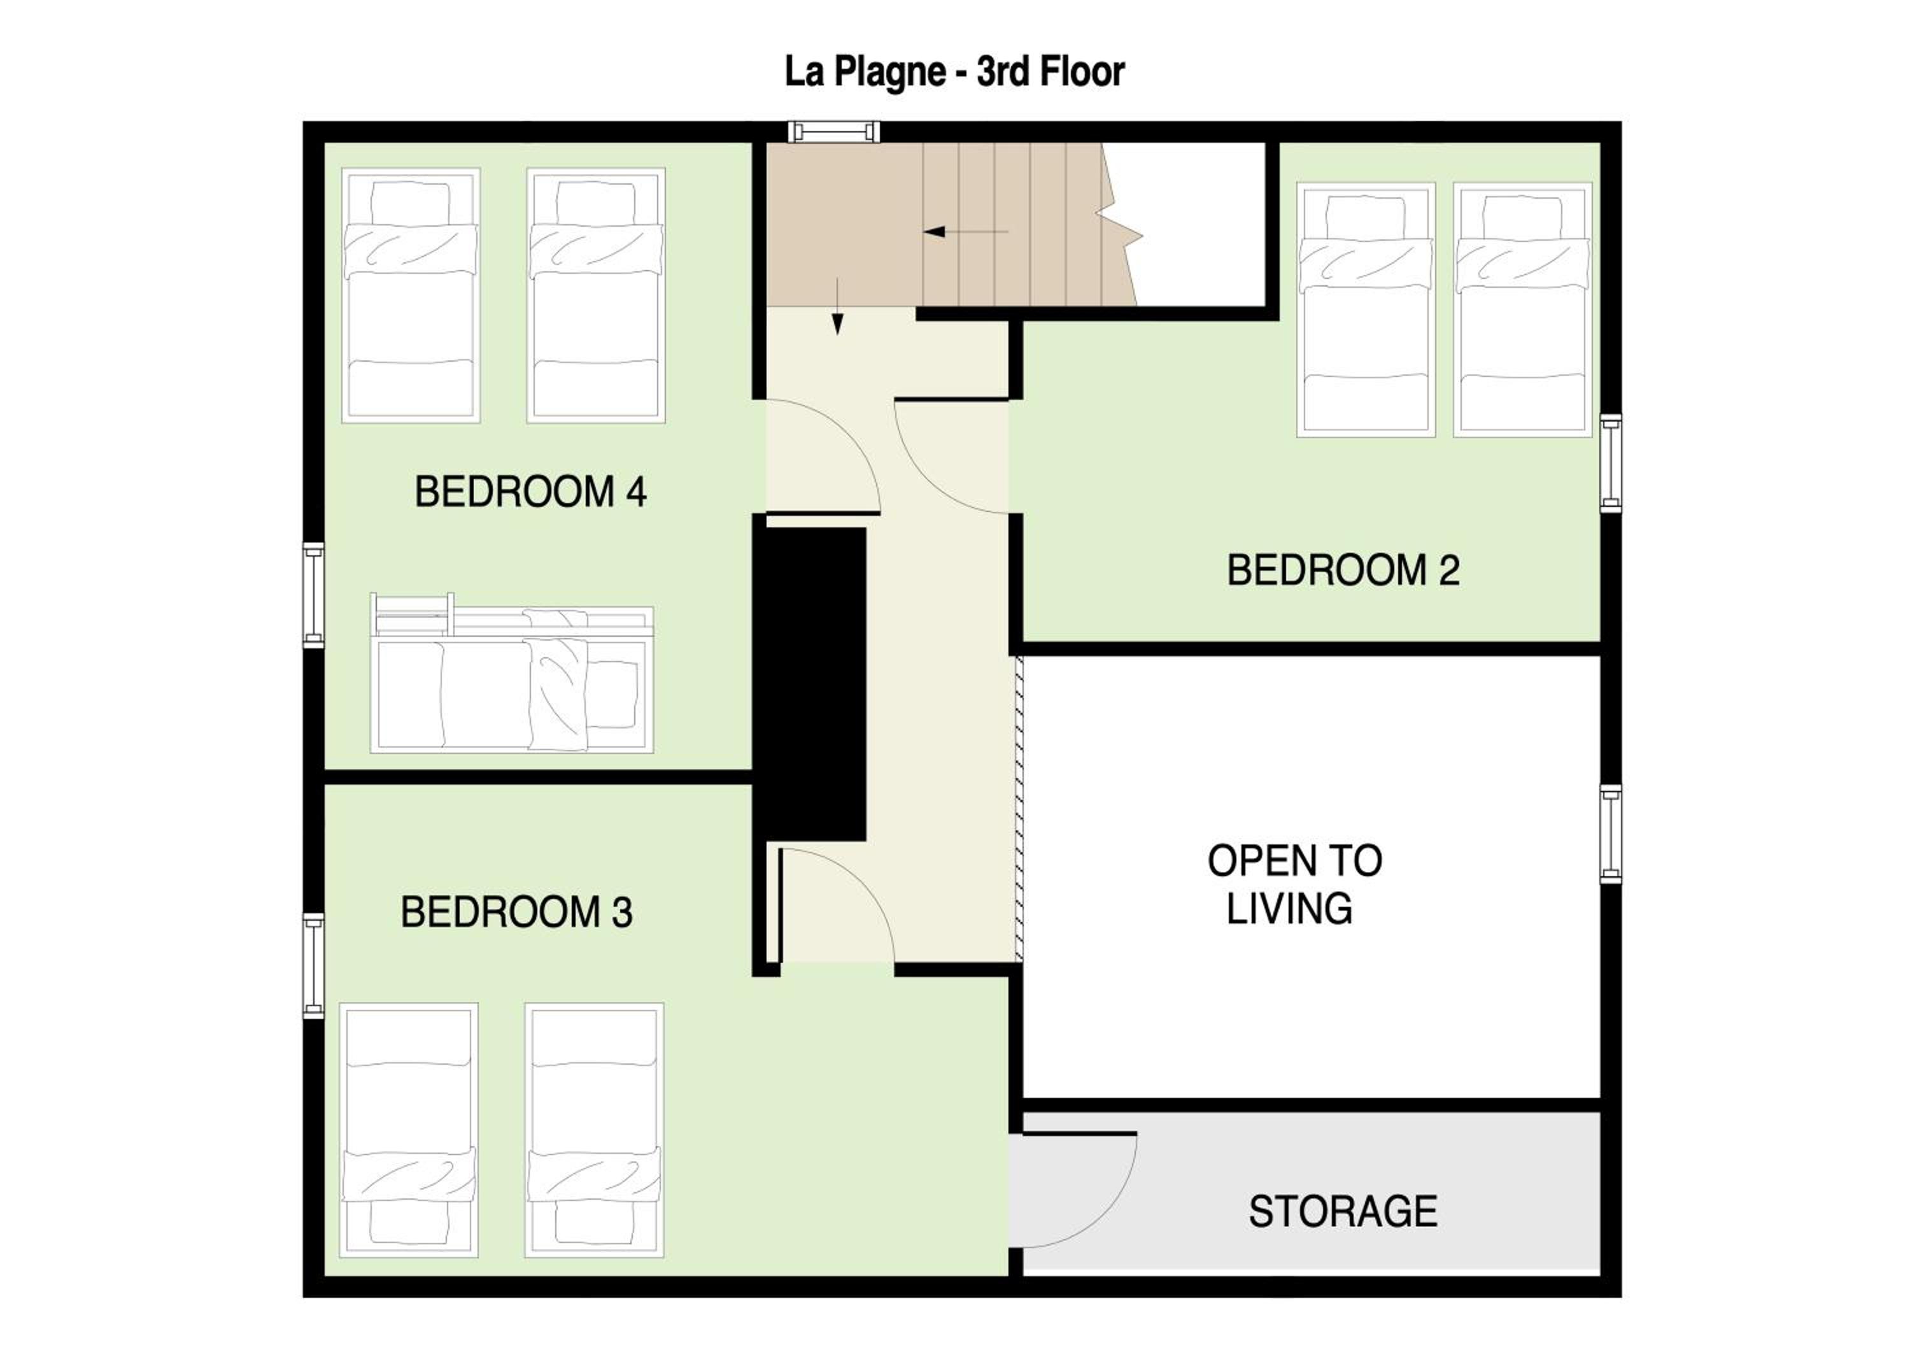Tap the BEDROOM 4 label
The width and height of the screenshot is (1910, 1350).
click(531, 492)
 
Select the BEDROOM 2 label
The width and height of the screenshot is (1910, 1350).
click(1343, 571)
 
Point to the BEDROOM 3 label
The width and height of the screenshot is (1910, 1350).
click(516, 912)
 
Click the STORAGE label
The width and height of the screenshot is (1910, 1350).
click(1343, 1211)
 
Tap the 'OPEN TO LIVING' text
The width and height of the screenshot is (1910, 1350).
click(1294, 885)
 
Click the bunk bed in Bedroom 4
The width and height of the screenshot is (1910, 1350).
click(512, 673)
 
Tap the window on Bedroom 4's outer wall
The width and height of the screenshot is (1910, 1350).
click(314, 595)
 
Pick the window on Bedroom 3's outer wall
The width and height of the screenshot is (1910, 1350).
click(314, 966)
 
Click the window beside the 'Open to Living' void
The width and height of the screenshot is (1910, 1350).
click(1611, 834)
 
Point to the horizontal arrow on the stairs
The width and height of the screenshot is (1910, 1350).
click(966, 231)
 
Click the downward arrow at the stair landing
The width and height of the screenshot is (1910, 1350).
click(837, 306)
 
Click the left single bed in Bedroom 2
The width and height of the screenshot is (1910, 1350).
click(1366, 309)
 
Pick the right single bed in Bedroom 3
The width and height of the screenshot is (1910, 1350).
click(594, 1130)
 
